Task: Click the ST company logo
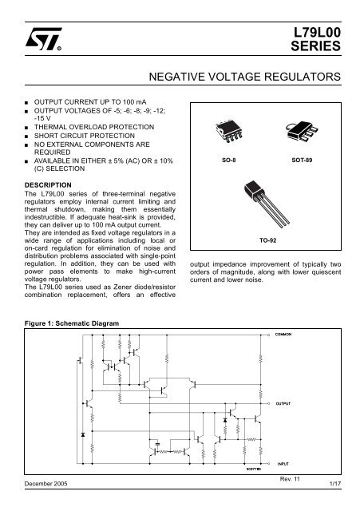pyautogui.click(x=43, y=39)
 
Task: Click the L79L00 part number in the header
pyautogui.click(x=317, y=33)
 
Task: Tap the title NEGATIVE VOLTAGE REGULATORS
pyautogui.click(x=245, y=77)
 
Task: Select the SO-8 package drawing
pyautogui.click(x=229, y=131)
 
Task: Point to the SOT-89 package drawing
pyautogui.click(x=301, y=131)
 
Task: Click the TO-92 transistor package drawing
pyautogui.click(x=266, y=204)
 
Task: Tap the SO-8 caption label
pyautogui.click(x=229, y=160)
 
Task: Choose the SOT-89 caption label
pyautogui.click(x=302, y=160)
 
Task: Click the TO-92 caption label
pyautogui.click(x=267, y=240)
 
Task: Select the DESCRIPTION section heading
pyautogui.click(x=48, y=185)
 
